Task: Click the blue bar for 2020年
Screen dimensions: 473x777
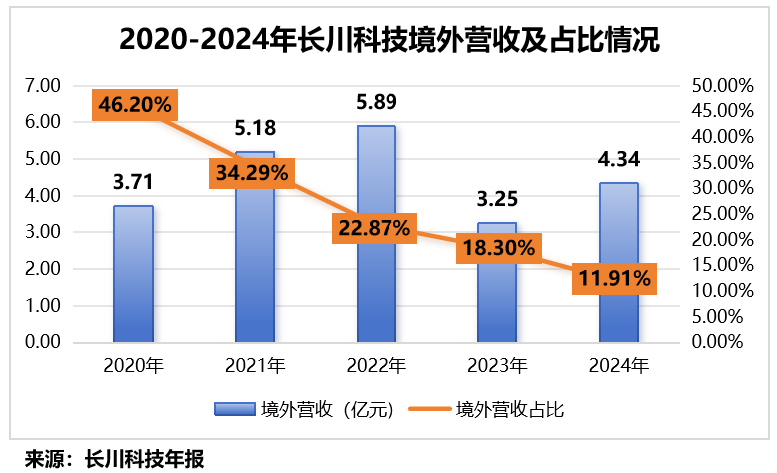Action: click(133, 275)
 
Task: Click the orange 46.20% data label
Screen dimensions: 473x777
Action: click(134, 104)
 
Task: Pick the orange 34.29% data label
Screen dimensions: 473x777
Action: click(251, 172)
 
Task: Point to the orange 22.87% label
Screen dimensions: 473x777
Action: click(374, 228)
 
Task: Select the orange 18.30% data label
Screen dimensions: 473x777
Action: click(496, 247)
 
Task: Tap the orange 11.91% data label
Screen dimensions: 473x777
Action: click(613, 279)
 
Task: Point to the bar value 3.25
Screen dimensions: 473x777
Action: click(497, 198)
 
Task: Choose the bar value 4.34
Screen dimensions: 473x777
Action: click(619, 158)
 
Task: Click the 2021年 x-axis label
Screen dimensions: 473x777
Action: click(255, 365)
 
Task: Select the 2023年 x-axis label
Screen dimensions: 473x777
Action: click(497, 365)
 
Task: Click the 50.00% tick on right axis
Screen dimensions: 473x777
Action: click(720, 86)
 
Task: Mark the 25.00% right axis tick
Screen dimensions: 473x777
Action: click(720, 214)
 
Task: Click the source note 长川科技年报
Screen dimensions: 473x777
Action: click(145, 459)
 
